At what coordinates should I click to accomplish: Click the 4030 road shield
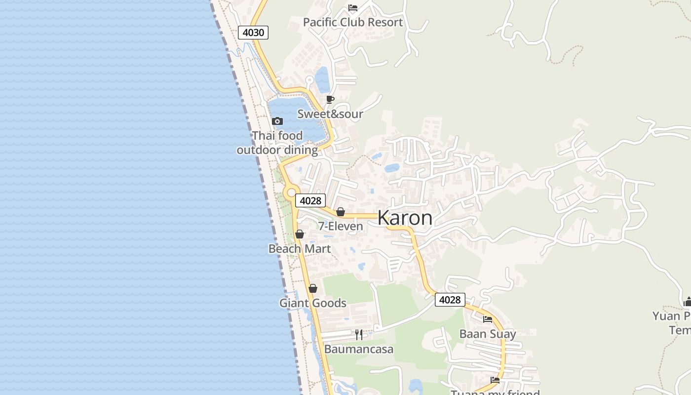coord(253,33)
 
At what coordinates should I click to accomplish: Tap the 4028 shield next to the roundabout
coord(310,200)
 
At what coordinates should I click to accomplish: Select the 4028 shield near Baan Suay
coord(450,300)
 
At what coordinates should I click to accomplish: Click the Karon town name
coord(405,218)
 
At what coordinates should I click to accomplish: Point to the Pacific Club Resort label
coord(352,22)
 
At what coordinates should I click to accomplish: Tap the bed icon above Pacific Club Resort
coord(353,7)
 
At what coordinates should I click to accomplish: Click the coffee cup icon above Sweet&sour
coord(330,100)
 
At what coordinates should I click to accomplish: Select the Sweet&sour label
coord(330,114)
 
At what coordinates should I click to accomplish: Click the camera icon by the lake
coord(277,121)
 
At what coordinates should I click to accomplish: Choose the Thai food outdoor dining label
coord(277,143)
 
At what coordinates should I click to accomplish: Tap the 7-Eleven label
coord(340,226)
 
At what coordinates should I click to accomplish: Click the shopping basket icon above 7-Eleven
coord(340,212)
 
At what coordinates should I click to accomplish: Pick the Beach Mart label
coord(299,248)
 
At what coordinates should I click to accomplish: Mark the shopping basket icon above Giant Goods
coord(312,288)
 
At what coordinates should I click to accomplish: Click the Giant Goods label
coord(312,303)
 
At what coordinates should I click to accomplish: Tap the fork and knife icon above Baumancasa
coord(359,335)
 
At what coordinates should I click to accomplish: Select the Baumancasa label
coord(359,349)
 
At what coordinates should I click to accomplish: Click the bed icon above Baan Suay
coord(488,319)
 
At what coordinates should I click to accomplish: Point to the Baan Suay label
coord(488,334)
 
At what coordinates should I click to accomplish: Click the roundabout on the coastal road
coord(291,192)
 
